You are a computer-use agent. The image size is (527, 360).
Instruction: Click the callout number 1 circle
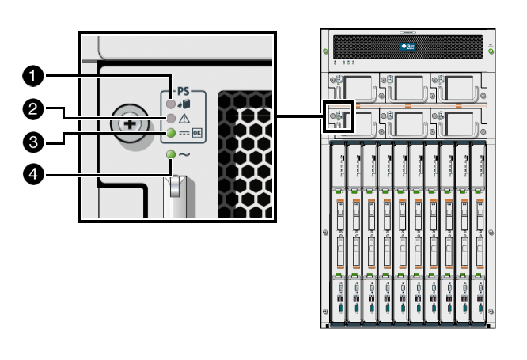click(x=32, y=76)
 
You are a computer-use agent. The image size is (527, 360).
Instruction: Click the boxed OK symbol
click(x=197, y=133)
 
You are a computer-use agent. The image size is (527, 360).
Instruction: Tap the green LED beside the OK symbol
click(x=169, y=133)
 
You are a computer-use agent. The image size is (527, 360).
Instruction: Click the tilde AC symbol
click(x=184, y=154)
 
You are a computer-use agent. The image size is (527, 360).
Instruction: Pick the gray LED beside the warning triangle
click(x=169, y=119)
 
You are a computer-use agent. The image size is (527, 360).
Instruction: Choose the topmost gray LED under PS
click(x=169, y=104)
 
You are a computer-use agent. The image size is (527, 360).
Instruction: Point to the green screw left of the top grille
click(x=325, y=52)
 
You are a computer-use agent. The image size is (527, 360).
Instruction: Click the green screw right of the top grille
click(x=491, y=52)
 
